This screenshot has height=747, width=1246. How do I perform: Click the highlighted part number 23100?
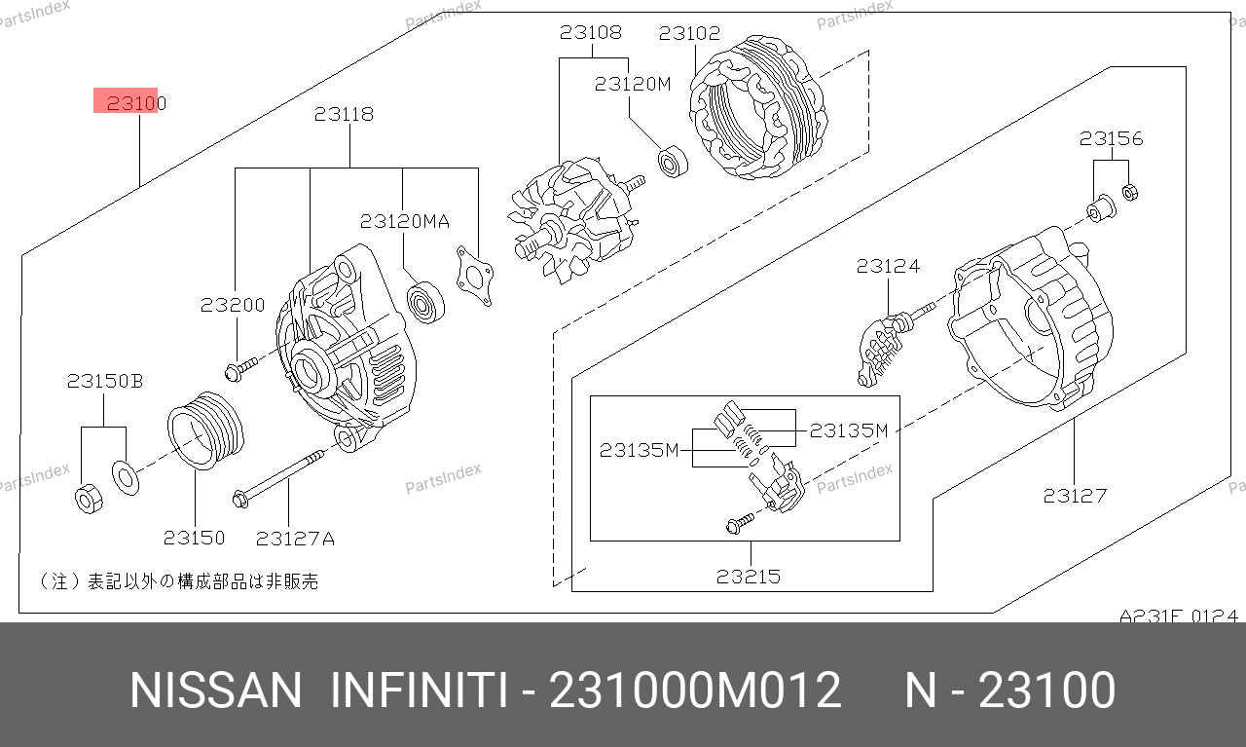click(136, 103)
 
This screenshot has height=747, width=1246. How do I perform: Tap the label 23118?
click(344, 114)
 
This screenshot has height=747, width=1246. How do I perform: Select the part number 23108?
click(590, 32)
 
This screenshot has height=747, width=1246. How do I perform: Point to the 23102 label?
click(689, 33)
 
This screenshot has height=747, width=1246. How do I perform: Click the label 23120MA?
click(404, 221)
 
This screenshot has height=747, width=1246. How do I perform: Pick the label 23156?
click(1111, 138)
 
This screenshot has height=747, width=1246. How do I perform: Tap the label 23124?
click(888, 266)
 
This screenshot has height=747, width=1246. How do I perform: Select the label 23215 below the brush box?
click(749, 577)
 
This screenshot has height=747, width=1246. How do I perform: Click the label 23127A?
click(295, 539)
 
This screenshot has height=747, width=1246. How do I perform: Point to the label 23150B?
click(105, 382)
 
